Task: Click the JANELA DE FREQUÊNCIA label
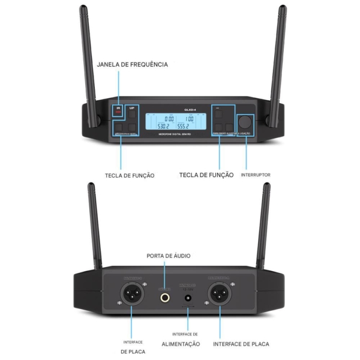tap(132, 64)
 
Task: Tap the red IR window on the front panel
tap(118, 111)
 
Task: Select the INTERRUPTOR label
tap(255, 175)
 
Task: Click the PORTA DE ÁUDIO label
tap(169, 256)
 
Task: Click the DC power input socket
tap(189, 297)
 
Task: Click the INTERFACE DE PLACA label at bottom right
tap(241, 344)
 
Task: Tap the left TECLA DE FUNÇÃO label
tap(130, 176)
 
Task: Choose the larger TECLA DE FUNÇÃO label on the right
tap(206, 175)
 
